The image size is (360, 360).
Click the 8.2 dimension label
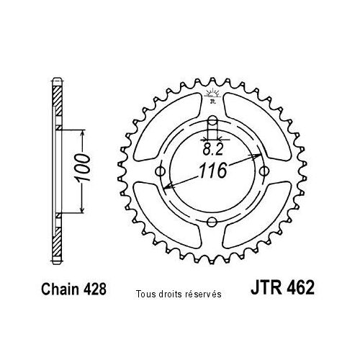point(213,150)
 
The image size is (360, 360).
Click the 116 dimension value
point(213,171)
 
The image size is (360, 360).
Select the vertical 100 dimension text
point(82,168)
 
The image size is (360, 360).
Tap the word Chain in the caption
point(60,289)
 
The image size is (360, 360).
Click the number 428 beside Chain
point(94,289)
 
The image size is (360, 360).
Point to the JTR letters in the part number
point(266,287)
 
